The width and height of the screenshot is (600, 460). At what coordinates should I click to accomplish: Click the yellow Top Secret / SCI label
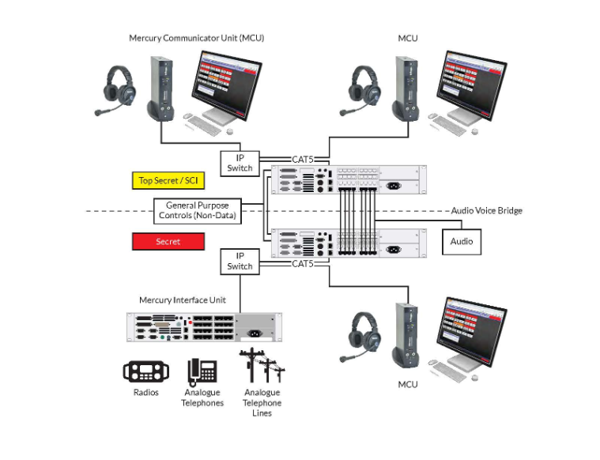(168, 181)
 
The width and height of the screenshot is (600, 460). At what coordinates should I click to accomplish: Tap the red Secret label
(168, 242)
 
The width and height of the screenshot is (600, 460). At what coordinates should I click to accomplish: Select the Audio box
(461, 241)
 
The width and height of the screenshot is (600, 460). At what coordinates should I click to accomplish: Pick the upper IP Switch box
(240, 163)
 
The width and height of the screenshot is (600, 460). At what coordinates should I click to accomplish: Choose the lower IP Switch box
(240, 261)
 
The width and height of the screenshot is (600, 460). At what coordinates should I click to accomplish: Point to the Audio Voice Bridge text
(486, 211)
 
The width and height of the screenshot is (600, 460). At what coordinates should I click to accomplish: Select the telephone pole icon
(261, 369)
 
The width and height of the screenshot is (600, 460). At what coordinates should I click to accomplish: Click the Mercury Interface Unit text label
(182, 300)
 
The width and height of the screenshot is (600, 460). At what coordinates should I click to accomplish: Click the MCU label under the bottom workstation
(407, 384)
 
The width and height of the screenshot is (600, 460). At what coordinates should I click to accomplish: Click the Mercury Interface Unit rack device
(202, 328)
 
